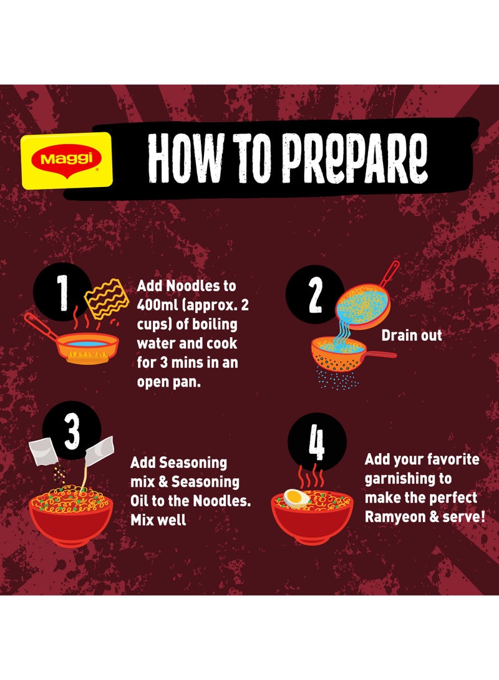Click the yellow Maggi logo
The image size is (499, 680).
[67, 160]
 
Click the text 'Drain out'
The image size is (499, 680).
[411, 335]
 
